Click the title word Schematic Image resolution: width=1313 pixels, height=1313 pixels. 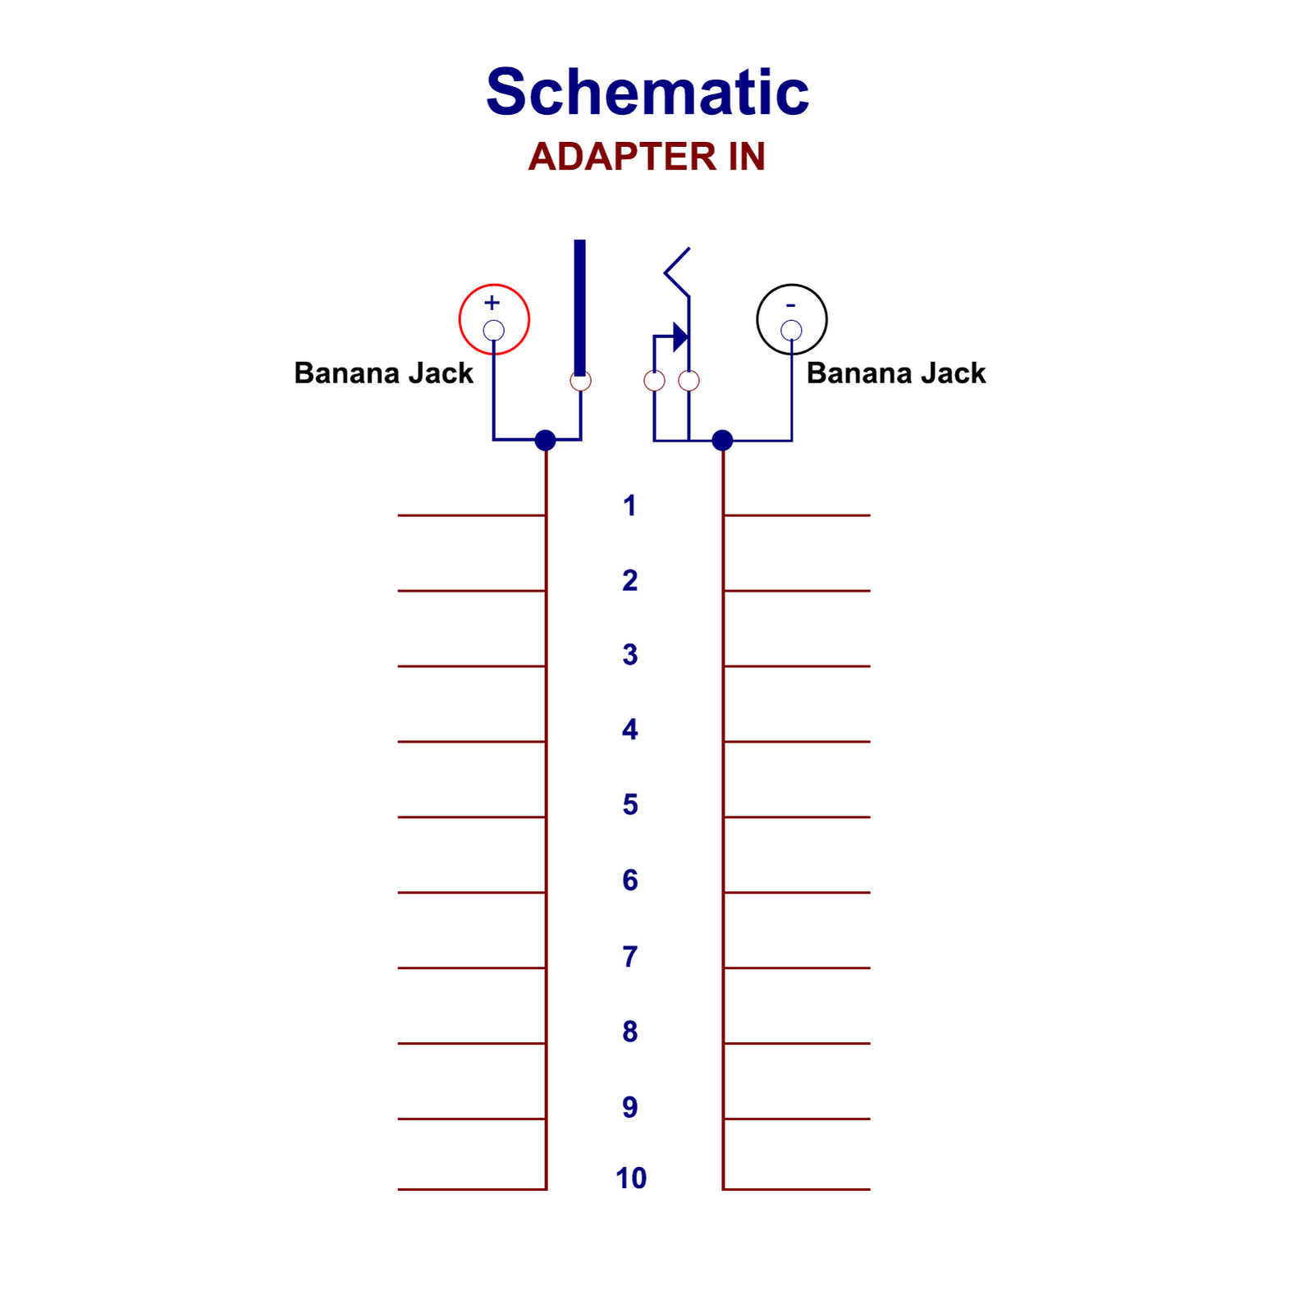[647, 92]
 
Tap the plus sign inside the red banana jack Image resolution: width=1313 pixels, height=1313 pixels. [492, 302]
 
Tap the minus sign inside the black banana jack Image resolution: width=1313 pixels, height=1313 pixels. [790, 305]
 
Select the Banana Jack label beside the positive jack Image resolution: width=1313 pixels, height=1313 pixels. [383, 373]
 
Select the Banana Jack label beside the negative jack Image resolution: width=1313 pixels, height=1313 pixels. [895, 373]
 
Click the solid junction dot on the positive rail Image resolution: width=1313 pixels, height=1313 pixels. [545, 441]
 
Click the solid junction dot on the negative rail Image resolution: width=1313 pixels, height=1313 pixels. [722, 441]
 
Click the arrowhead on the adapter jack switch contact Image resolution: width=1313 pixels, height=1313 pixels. [680, 336]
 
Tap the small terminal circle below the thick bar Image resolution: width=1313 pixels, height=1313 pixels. [580, 381]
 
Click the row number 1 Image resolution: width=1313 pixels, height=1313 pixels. [629, 506]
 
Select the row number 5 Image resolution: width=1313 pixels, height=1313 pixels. [629, 805]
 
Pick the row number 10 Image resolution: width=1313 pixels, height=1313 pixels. [631, 1178]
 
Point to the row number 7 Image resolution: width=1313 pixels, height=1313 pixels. [629, 957]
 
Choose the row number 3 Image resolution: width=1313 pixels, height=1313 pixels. [629, 655]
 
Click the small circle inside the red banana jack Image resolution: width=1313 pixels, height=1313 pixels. [493, 331]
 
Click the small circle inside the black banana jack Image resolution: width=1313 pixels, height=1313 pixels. [791, 331]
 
